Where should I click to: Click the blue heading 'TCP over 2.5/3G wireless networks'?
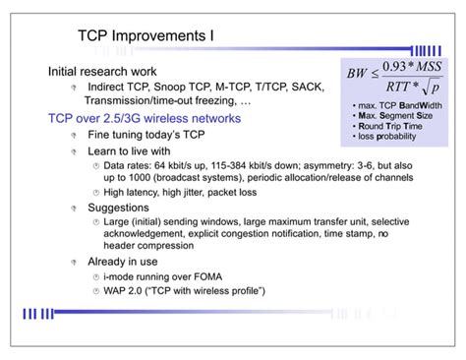[x=145, y=117]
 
